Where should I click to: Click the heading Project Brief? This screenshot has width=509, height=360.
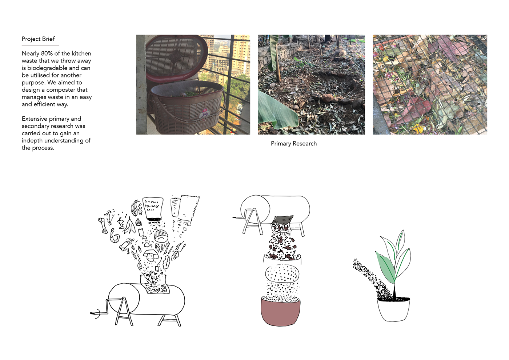coord(38,39)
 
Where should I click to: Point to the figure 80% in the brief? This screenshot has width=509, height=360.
coord(47,53)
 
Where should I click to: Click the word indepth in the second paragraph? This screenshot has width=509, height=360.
coord(32,141)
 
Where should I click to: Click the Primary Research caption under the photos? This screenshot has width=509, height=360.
coord(293,144)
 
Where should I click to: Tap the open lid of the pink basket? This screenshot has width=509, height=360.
coord(176,58)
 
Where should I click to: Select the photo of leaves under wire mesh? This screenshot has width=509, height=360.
coord(430,84)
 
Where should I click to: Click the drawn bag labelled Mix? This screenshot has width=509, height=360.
coord(153,209)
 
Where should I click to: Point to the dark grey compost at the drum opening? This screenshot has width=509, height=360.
coord(282,220)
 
